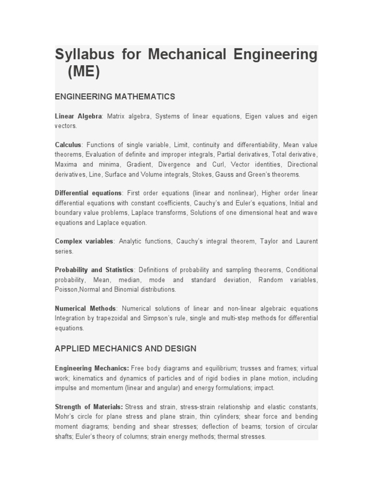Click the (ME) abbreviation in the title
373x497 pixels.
(84, 72)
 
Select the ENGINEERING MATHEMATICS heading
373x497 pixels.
(115, 97)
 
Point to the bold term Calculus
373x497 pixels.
(68, 145)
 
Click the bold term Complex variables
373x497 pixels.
(84, 241)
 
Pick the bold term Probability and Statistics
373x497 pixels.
(94, 270)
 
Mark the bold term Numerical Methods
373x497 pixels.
(85, 309)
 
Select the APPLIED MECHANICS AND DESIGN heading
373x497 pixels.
(125, 348)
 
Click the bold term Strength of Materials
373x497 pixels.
(89, 407)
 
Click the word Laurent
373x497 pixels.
(306, 241)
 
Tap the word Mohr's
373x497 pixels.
(64, 416)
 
